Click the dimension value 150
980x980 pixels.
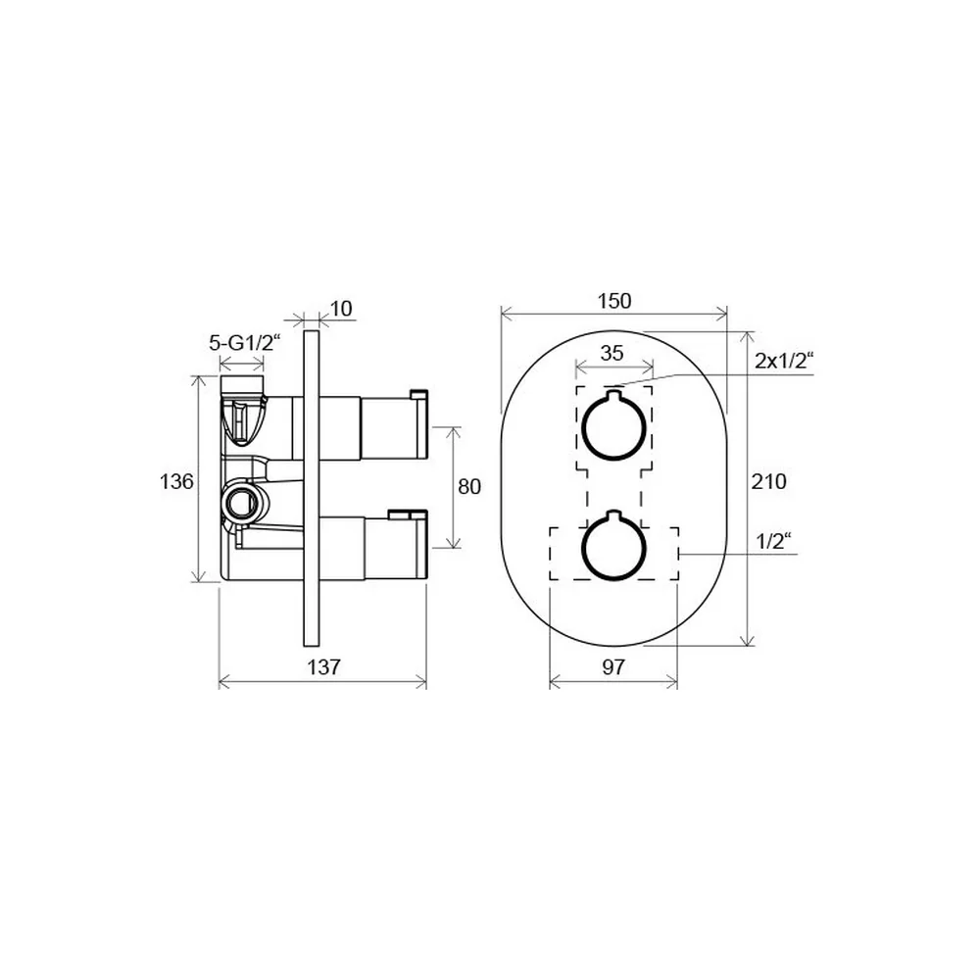pyautogui.click(x=614, y=301)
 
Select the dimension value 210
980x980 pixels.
pyautogui.click(x=768, y=481)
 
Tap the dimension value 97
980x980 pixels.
pyautogui.click(x=613, y=666)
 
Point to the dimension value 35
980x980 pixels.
pyautogui.click(x=612, y=353)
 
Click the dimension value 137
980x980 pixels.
pyautogui.click(x=323, y=666)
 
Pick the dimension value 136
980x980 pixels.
pyautogui.click(x=176, y=481)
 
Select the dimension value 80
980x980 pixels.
pyautogui.click(x=469, y=486)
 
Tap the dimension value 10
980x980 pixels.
pyautogui.click(x=341, y=309)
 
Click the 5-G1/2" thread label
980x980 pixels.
pyautogui.click(x=245, y=342)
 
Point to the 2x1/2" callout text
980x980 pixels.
pyautogui.click(x=784, y=361)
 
